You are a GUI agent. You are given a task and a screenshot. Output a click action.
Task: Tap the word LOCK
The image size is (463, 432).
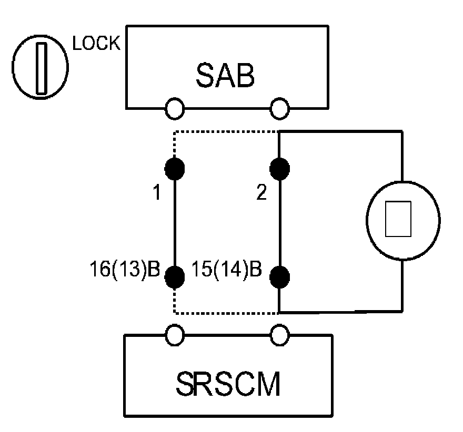[x=96, y=45]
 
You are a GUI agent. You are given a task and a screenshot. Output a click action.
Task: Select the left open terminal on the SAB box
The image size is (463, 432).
[x=175, y=109]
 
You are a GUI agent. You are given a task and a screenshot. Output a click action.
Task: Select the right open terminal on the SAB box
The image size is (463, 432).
[x=279, y=109]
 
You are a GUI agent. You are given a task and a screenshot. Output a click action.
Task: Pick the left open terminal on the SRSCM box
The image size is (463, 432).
[x=175, y=333]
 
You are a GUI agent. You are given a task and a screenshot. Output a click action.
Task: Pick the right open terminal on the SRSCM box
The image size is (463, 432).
[x=279, y=333]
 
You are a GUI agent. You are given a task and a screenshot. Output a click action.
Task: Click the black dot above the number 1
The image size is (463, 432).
[x=175, y=168]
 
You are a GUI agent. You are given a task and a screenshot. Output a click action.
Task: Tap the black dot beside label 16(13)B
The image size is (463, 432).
[x=175, y=275]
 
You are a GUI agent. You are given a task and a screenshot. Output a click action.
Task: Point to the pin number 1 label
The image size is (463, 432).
[x=156, y=194]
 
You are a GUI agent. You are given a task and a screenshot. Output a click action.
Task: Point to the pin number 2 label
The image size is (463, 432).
[x=261, y=194]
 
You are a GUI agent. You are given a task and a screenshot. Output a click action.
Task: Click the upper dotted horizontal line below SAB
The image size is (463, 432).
[x=226, y=132]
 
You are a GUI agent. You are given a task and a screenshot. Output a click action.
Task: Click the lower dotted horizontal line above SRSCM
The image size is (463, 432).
[x=226, y=313]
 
